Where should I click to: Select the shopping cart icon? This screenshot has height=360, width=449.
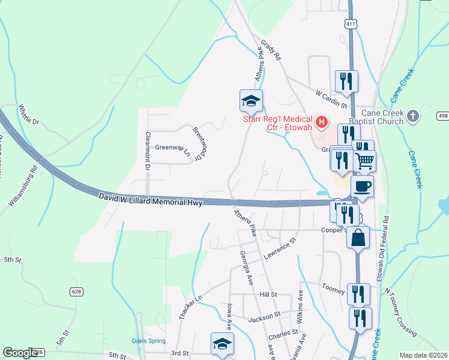coord(364,160)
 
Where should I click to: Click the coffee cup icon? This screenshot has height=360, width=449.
coord(362,186)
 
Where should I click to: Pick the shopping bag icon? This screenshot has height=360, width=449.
coord(358,237)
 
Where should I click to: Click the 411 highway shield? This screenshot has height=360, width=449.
coord(351,23)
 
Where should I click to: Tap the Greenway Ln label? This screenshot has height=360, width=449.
coord(173,150)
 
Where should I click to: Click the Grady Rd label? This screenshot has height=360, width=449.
coord(271,50)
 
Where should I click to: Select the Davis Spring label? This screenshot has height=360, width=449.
coord(149,341)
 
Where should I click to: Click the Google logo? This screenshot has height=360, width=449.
coord(21,353)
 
